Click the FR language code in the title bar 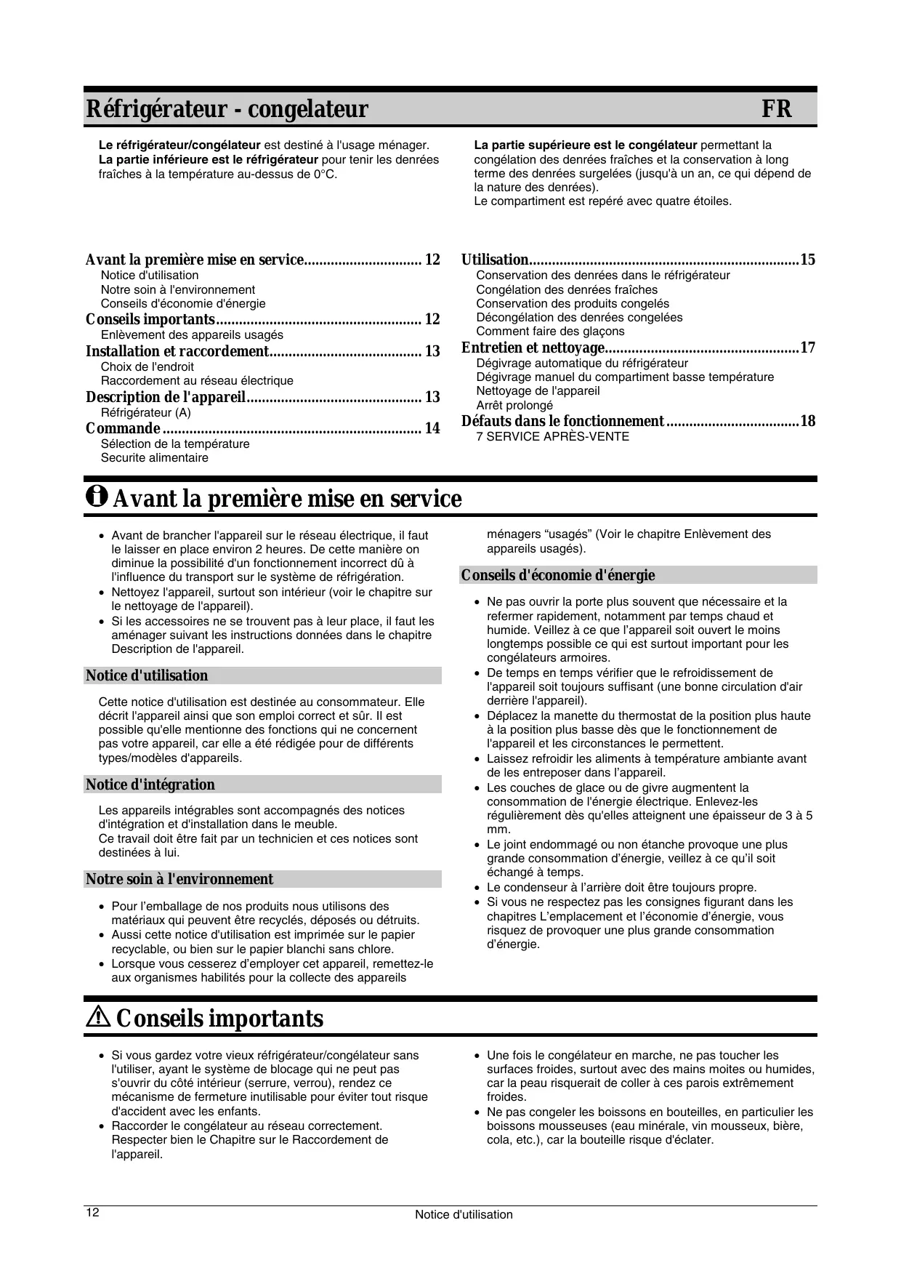(x=776, y=110)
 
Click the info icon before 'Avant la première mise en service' (x=96, y=497)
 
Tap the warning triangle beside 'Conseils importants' (x=97, y=1019)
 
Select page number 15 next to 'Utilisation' (x=807, y=260)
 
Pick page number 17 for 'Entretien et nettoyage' (x=807, y=348)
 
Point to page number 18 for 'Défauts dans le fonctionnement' (x=807, y=421)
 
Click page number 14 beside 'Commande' (x=432, y=428)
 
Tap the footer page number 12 (x=93, y=1213)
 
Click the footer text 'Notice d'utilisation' (x=464, y=1214)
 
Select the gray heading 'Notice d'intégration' (x=150, y=785)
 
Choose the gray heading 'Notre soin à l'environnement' (x=179, y=879)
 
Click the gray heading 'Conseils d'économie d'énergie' (x=558, y=575)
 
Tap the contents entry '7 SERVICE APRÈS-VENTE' (x=552, y=436)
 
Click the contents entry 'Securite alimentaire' (x=154, y=457)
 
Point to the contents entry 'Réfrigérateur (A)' (x=145, y=412)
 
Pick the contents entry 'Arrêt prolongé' (x=514, y=405)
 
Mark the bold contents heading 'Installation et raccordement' (x=177, y=351)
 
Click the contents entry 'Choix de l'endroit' (x=147, y=366)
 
